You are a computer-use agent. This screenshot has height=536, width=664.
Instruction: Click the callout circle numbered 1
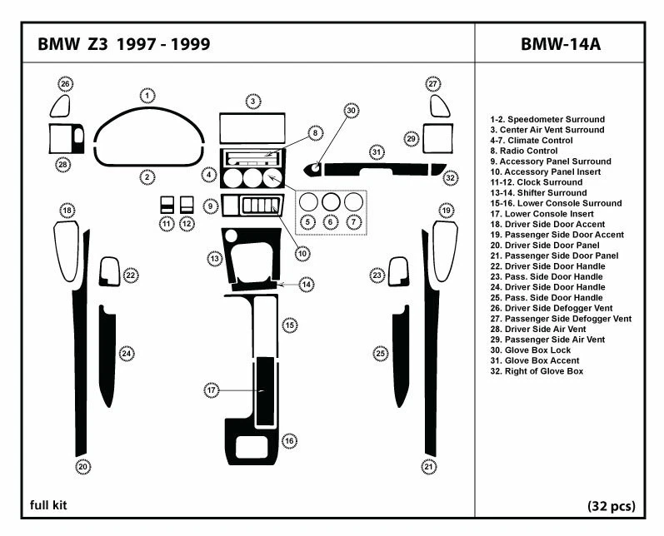click(x=147, y=96)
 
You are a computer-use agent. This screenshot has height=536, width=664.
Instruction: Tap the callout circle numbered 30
click(x=352, y=110)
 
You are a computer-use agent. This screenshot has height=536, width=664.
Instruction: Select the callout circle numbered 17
click(x=212, y=390)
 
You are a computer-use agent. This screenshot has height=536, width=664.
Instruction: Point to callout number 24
click(x=127, y=354)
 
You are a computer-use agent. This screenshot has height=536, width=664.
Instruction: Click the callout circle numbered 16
click(x=289, y=440)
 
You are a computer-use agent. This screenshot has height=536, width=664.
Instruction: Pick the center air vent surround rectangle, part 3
click(x=252, y=129)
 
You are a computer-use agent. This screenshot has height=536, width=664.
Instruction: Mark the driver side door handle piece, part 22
click(x=109, y=271)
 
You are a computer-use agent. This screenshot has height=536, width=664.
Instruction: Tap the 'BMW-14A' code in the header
click(x=560, y=44)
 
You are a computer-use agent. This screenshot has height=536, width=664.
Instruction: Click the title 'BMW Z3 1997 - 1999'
click(x=124, y=44)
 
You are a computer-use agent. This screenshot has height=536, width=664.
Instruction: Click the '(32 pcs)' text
click(x=611, y=505)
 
